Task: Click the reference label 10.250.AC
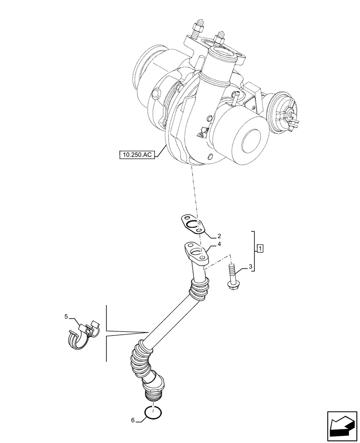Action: click(137, 155)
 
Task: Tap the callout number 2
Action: click(219, 236)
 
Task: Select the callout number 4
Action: click(219, 244)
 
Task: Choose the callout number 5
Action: click(67, 316)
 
